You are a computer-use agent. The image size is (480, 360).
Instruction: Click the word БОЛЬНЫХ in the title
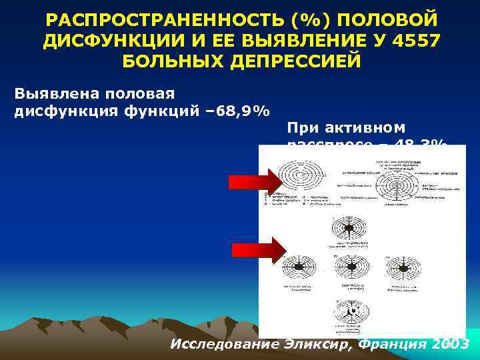coord(170,61)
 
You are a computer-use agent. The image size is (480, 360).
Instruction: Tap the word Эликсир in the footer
coord(311,345)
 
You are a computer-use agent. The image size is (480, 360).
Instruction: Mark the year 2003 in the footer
coord(450,345)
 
